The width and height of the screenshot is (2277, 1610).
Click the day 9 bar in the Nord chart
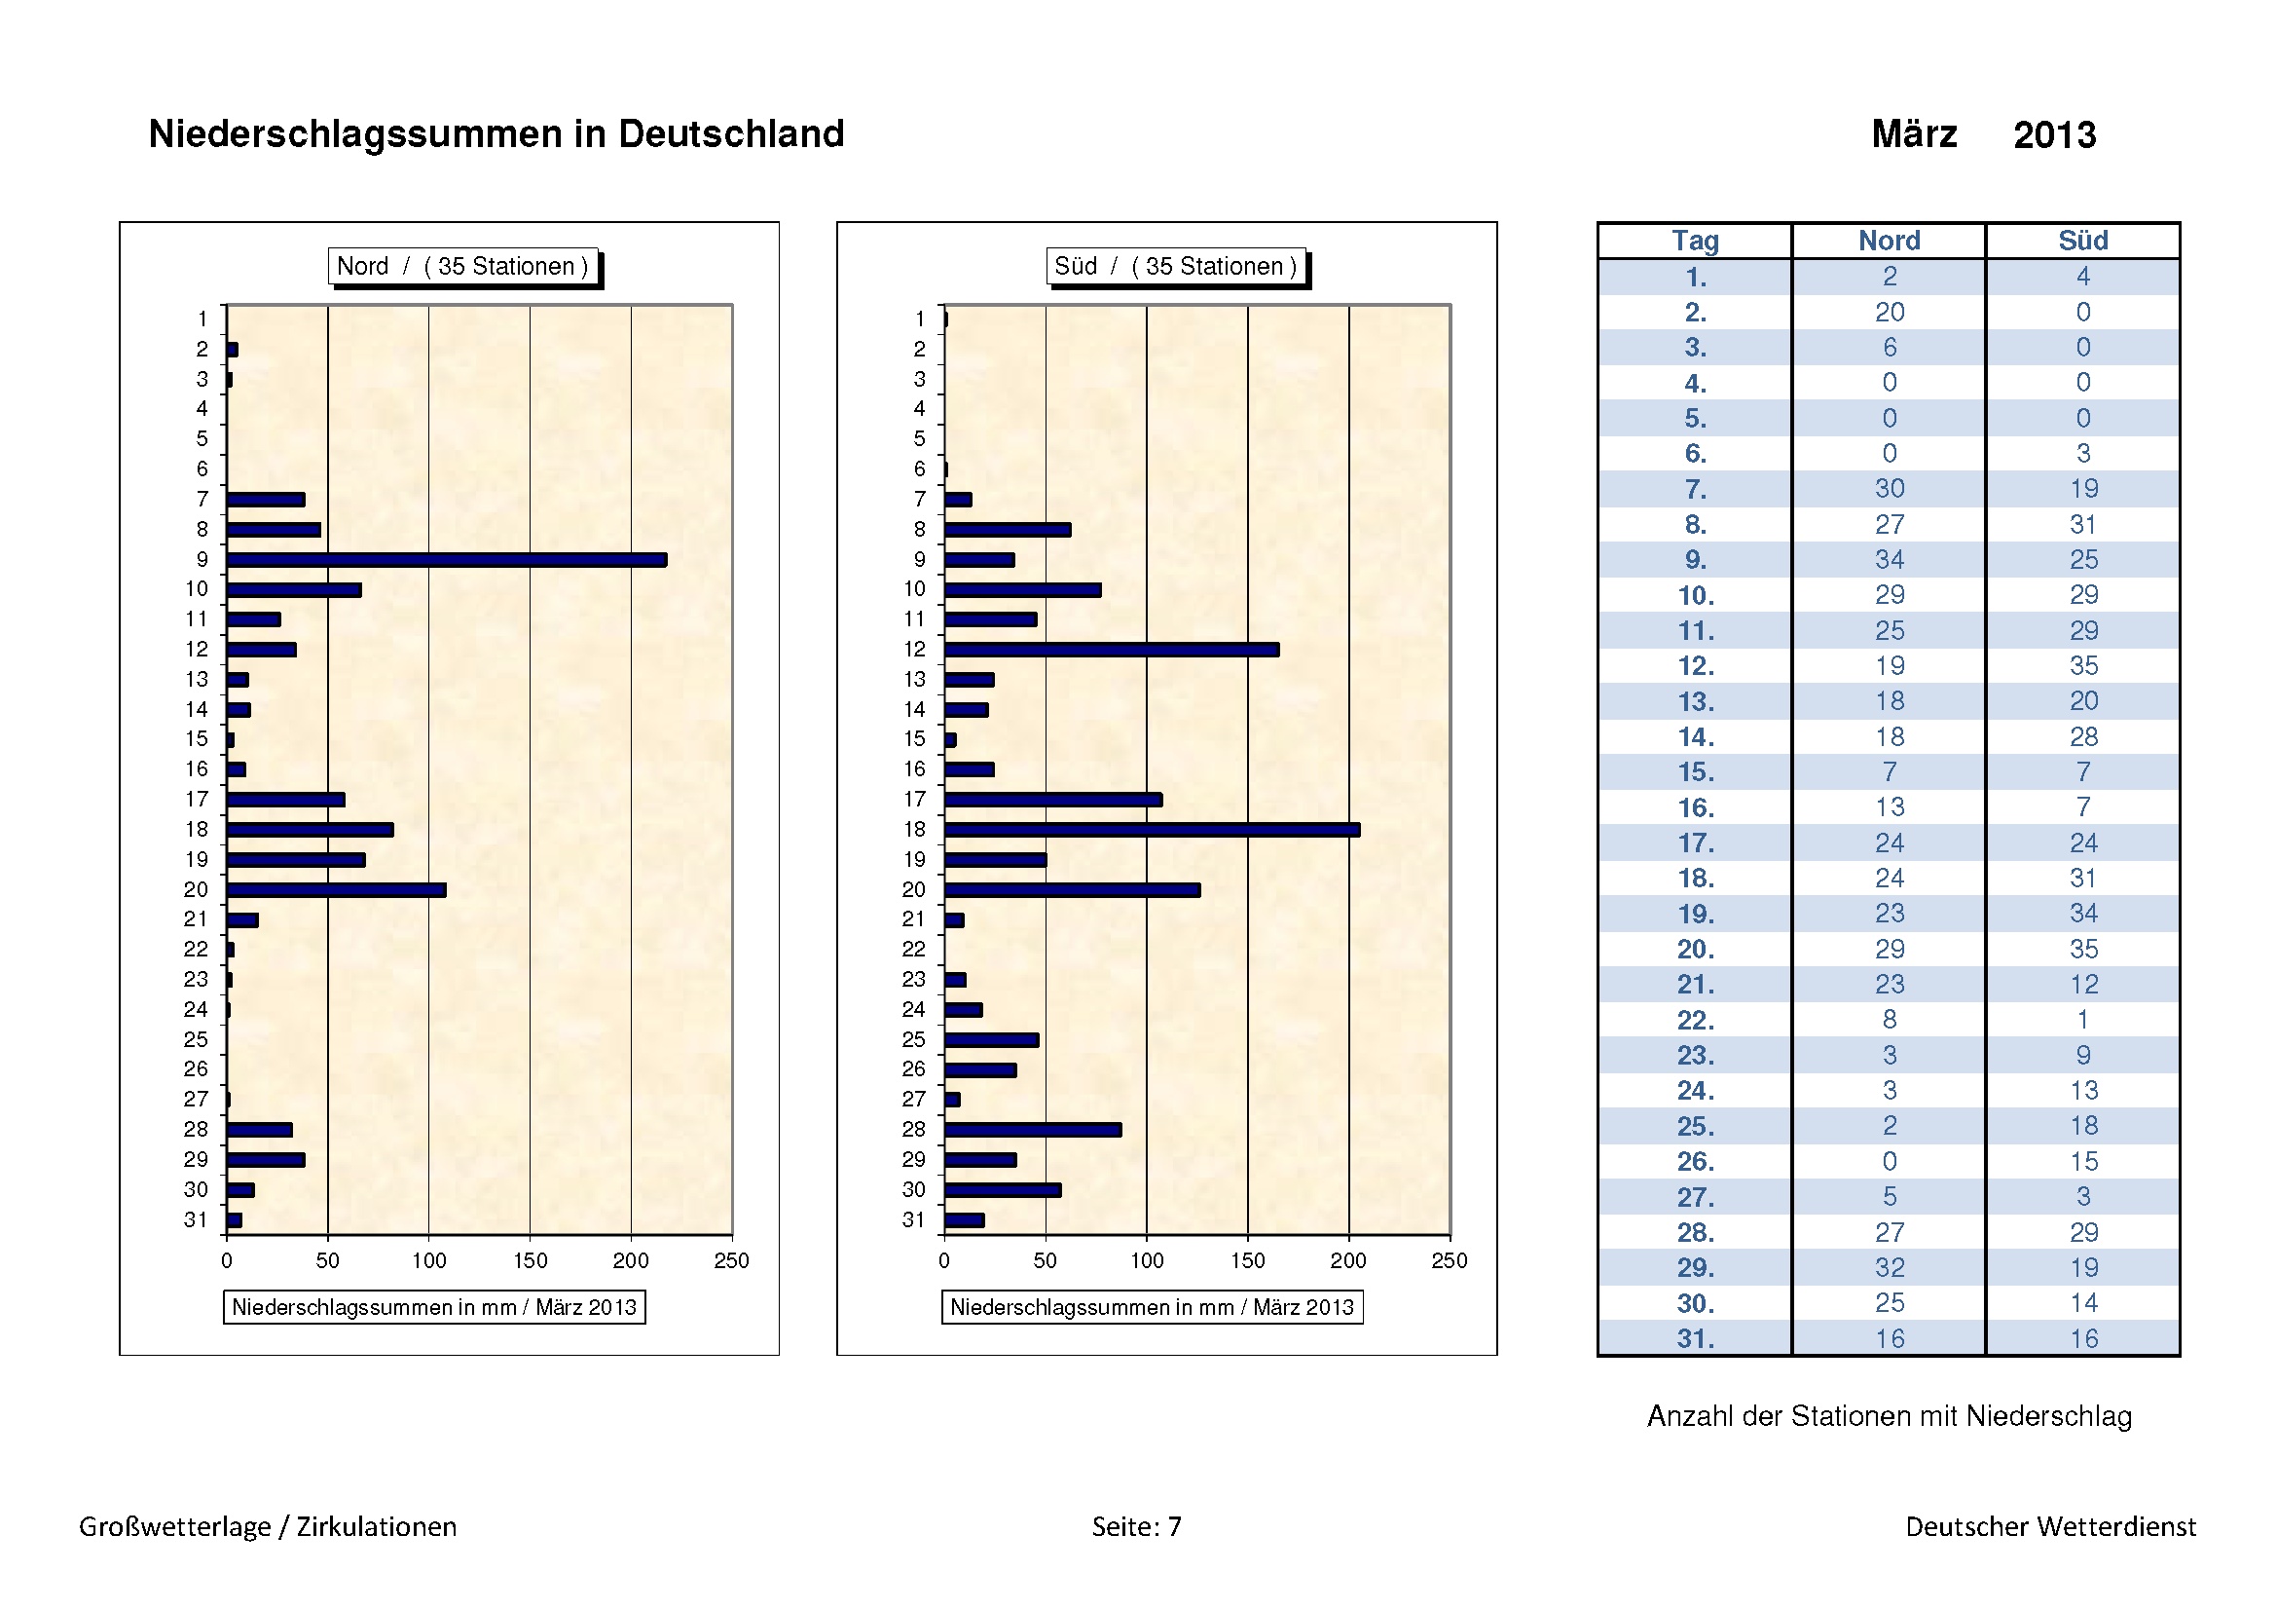(446, 560)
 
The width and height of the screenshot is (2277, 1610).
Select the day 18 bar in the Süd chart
(1152, 830)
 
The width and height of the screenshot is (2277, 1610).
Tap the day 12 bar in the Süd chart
(1111, 650)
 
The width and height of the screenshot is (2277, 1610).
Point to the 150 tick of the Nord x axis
(531, 1260)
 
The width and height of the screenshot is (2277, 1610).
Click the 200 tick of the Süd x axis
(1348, 1260)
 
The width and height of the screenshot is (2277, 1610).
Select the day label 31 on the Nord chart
(197, 1220)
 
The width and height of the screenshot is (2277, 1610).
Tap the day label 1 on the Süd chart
(919, 319)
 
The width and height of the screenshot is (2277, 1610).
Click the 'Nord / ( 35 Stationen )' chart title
(463, 266)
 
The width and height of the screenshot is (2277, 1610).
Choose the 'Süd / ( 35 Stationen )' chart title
(1176, 266)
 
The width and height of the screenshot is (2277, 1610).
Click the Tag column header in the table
(1695, 241)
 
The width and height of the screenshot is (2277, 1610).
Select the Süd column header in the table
(2082, 241)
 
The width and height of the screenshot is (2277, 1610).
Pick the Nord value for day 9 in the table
(1890, 560)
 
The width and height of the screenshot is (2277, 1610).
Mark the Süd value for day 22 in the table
(2082, 1020)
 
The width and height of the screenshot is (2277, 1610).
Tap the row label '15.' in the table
(1695, 772)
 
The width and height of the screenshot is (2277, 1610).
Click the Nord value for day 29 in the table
(1890, 1268)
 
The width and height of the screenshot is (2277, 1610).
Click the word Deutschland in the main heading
(731, 133)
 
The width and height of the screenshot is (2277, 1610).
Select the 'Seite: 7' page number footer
(1136, 1526)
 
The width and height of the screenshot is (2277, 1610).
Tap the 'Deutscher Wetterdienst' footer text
(2050, 1526)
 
